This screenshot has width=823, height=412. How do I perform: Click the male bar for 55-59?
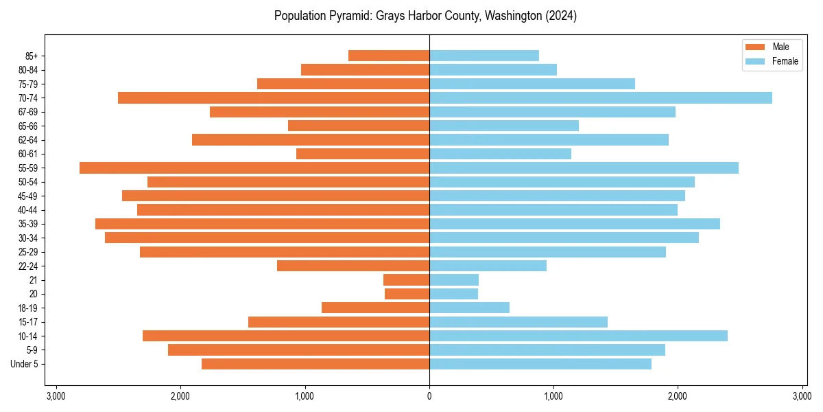(254, 168)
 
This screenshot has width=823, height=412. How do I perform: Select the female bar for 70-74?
(600, 98)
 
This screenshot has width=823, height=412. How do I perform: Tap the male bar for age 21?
(406, 280)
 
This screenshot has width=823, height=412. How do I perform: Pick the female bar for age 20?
(453, 294)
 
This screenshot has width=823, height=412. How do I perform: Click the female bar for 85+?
(484, 56)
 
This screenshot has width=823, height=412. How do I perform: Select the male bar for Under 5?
(315, 364)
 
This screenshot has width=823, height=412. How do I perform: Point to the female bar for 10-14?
(578, 336)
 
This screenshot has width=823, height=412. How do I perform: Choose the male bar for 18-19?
(375, 308)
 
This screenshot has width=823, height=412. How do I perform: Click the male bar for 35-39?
(262, 224)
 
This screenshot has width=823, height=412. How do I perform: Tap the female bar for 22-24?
(488, 266)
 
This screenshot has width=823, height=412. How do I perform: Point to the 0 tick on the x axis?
(429, 396)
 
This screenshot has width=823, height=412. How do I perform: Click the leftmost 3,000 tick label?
(56, 396)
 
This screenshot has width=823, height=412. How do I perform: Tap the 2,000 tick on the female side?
(678, 396)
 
